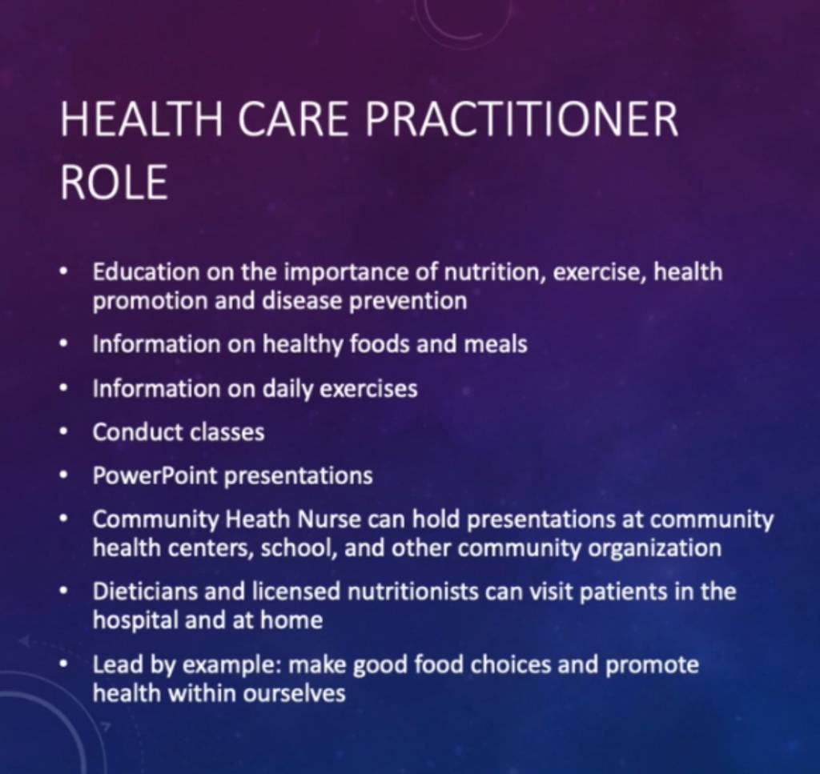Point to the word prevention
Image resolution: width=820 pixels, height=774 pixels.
pos(408,302)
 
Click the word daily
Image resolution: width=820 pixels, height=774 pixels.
pos(287,389)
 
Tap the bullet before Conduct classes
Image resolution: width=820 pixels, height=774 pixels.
pos(64,432)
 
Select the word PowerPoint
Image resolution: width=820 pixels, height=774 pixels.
pos(155,475)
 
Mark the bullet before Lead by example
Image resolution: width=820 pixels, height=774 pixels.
pos(64,664)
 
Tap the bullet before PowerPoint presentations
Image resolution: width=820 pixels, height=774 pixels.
pos(64,475)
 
